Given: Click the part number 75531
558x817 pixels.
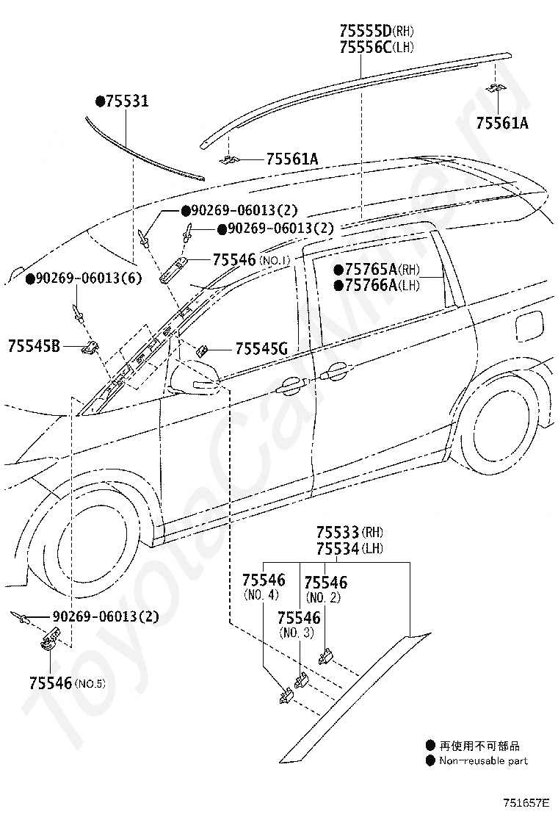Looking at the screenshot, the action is click(x=123, y=101).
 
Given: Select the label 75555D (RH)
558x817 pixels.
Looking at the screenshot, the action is click(x=377, y=31).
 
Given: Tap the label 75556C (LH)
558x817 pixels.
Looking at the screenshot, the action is click(x=377, y=48).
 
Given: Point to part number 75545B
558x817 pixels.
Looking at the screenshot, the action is click(x=34, y=345).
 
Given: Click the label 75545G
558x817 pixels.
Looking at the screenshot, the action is click(x=262, y=348).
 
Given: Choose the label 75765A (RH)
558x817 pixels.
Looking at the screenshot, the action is click(x=377, y=270).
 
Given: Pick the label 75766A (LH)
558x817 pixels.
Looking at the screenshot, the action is click(x=377, y=285).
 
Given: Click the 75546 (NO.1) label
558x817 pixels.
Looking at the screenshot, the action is click(x=251, y=259).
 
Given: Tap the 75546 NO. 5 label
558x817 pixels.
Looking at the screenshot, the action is click(x=67, y=683).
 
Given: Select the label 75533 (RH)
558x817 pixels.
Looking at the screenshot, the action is click(x=349, y=533).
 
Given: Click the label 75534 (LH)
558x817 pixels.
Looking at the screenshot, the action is click(x=349, y=549).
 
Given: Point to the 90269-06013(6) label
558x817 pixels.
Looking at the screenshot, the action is click(x=84, y=278).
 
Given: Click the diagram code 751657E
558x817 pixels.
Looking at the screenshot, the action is click(x=526, y=802).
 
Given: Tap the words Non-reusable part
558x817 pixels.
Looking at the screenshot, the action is click(x=483, y=760).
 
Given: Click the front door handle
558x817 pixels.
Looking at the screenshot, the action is click(x=292, y=384).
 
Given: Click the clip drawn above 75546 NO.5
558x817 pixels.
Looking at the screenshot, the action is click(x=50, y=638).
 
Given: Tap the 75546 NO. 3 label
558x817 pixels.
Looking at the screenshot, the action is click(x=299, y=625).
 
